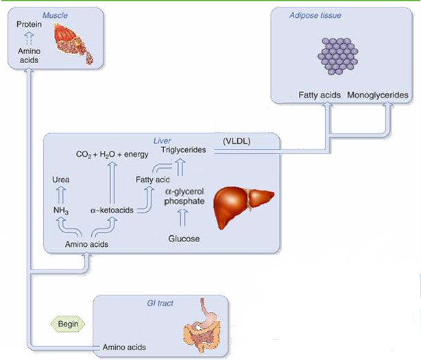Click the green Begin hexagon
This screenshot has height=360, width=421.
pos(67,322)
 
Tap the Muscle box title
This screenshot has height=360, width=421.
pos(56,14)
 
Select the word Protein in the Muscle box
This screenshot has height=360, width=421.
pos(30,25)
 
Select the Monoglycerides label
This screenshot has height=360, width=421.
pos(378,94)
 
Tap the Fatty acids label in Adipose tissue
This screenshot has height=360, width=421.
pos(320,94)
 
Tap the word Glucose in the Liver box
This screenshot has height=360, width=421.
pos(184,239)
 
